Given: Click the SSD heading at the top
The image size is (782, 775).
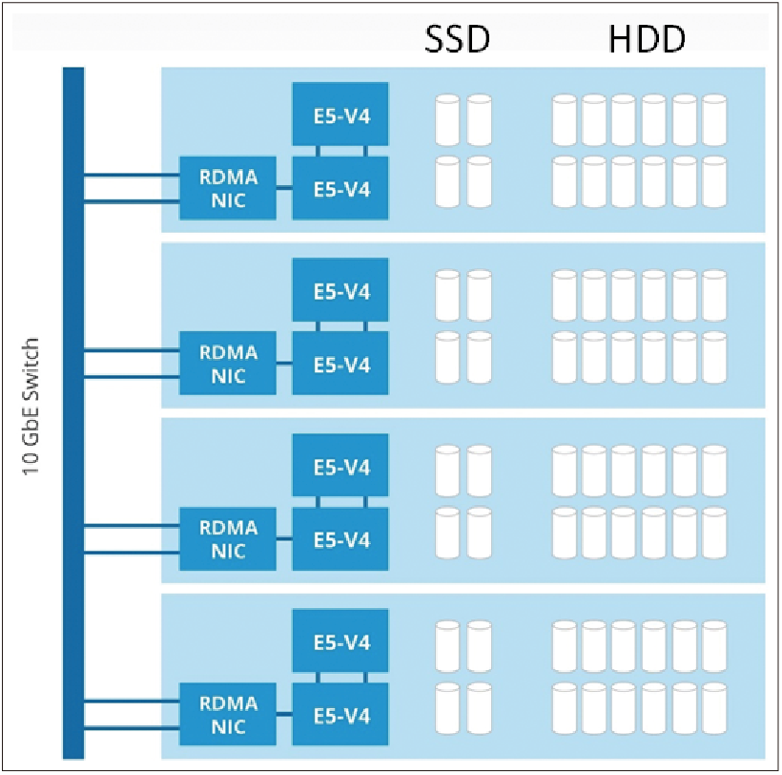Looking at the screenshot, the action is (x=457, y=39).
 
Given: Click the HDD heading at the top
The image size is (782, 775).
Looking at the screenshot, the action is (x=647, y=39).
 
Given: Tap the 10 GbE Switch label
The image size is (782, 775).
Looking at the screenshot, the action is (x=31, y=407).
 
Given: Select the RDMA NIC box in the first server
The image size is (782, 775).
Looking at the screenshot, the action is (x=228, y=188).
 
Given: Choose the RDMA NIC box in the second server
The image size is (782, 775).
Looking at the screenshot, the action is (x=228, y=364).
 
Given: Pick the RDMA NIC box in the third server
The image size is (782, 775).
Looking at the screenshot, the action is (x=228, y=539).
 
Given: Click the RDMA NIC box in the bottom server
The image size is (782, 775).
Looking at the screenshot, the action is (x=228, y=714).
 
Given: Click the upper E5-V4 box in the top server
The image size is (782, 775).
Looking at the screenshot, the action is (x=340, y=115).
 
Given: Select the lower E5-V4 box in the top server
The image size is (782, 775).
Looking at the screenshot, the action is (x=340, y=188).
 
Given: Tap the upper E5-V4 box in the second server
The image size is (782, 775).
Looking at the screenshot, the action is (x=340, y=290).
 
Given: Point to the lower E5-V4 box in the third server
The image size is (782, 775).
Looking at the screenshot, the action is (x=340, y=539).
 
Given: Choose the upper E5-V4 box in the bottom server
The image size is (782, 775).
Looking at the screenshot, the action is (x=340, y=640).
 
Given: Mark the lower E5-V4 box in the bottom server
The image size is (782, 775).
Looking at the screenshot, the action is (x=340, y=714).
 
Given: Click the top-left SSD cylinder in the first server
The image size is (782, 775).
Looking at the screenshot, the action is (x=447, y=120).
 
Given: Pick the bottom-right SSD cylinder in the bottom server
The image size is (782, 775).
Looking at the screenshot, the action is (x=480, y=708).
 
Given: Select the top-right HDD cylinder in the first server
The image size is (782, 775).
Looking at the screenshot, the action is (x=714, y=120).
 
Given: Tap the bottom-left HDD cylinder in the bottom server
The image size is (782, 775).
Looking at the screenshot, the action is (x=564, y=708).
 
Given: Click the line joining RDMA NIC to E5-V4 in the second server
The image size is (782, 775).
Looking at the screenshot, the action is (x=284, y=364).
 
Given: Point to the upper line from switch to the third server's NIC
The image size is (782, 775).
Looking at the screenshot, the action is (x=132, y=526).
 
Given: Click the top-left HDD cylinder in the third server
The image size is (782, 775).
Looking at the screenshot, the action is (x=564, y=471).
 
